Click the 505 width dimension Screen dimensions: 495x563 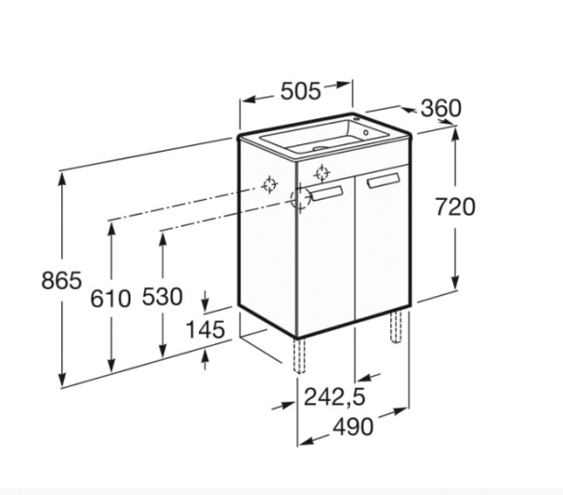(x=301, y=90)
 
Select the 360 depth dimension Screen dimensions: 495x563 (x=440, y=109)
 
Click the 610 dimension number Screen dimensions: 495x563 (x=111, y=298)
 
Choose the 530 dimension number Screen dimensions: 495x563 (x=162, y=298)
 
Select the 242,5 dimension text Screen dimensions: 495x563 (x=334, y=397)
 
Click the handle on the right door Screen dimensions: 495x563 (x=383, y=180)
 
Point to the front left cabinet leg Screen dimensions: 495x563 (x=301, y=356)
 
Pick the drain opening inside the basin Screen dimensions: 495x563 (x=319, y=147)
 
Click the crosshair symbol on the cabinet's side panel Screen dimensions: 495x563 (x=269, y=185)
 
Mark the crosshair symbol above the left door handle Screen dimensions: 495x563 (x=322, y=172)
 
